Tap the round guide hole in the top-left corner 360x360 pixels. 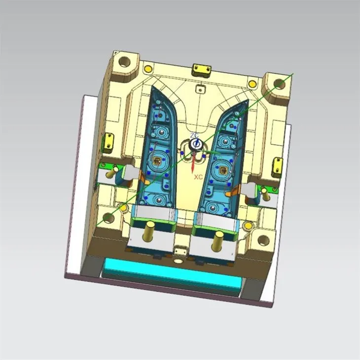(x=123, y=62)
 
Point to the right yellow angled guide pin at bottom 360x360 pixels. (x=216, y=241)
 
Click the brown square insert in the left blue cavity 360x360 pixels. (x=158, y=160)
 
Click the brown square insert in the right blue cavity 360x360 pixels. (x=223, y=171)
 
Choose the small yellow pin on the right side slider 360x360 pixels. (x=266, y=194)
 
